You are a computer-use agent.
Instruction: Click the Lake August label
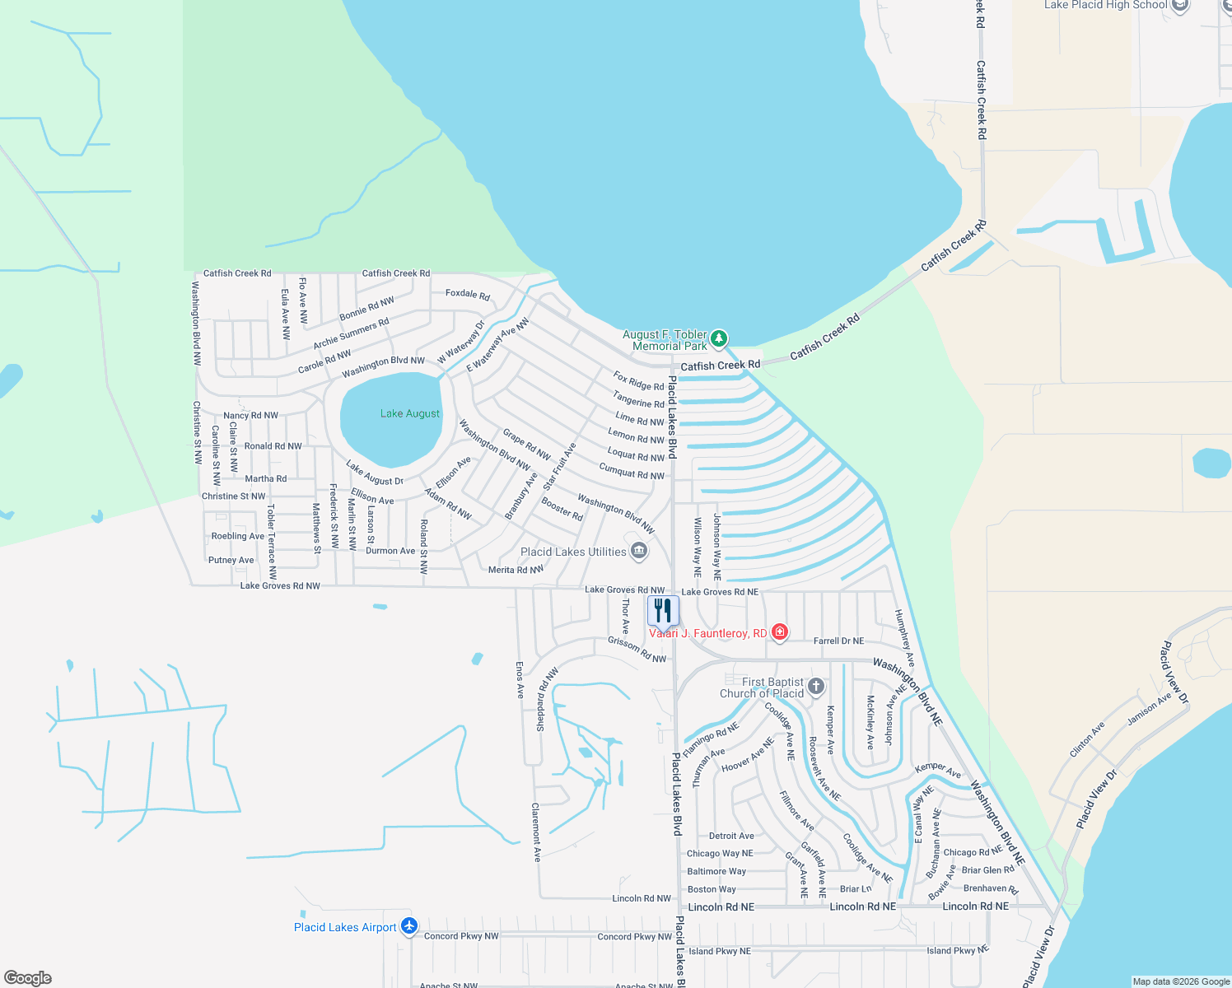(x=410, y=413)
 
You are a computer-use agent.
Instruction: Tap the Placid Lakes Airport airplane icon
(x=409, y=927)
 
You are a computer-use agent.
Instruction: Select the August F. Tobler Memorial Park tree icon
(x=719, y=338)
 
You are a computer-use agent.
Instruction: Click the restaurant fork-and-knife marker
(x=663, y=611)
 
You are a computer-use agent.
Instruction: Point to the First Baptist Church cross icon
(x=816, y=687)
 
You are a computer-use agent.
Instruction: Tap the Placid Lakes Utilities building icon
(x=638, y=551)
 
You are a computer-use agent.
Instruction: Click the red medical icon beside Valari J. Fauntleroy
(x=779, y=632)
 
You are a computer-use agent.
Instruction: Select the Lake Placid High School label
(x=1105, y=5)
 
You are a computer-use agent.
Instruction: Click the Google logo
(x=27, y=978)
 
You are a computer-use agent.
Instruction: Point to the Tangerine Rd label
(x=638, y=400)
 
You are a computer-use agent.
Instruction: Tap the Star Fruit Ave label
(x=559, y=467)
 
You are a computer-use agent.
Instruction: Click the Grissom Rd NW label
(x=637, y=650)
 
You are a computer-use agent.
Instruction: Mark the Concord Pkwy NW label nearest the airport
(x=461, y=936)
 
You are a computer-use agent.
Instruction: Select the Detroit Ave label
(x=731, y=836)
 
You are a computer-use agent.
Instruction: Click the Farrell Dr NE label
(x=838, y=641)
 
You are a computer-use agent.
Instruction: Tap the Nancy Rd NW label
(x=250, y=416)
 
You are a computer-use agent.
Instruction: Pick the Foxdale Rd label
(x=468, y=294)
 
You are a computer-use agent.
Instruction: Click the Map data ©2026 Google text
(x=1181, y=981)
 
